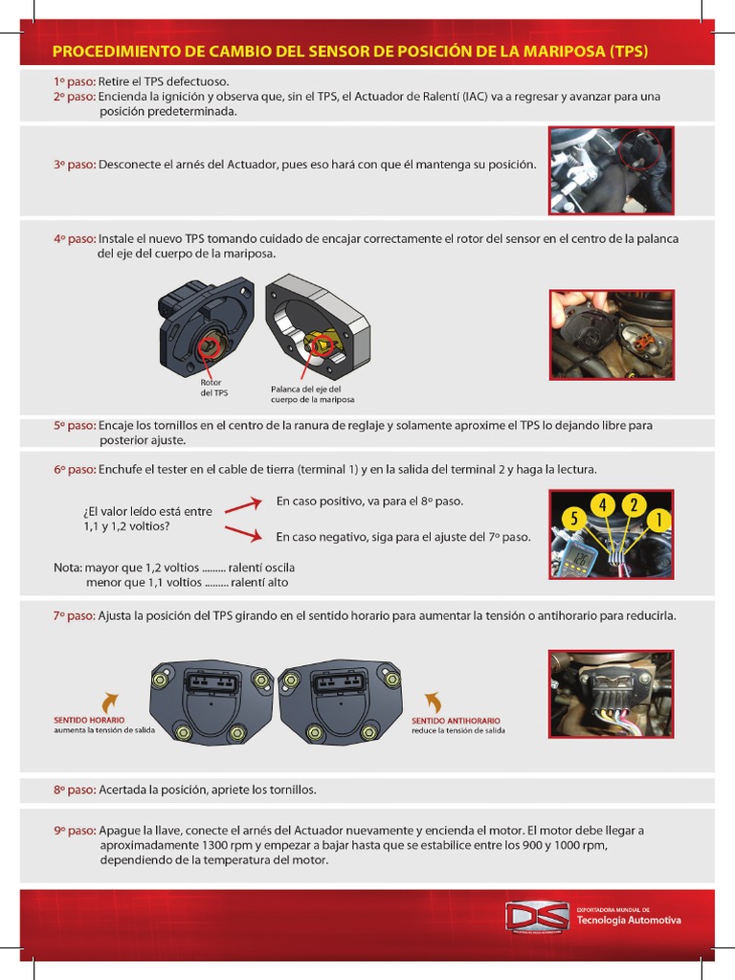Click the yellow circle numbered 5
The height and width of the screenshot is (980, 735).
[x=574, y=519]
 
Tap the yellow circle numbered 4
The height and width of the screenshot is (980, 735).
[x=603, y=505]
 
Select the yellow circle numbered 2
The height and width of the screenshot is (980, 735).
[x=633, y=505]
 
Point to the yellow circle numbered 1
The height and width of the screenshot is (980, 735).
[x=657, y=519]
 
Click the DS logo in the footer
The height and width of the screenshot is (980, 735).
[x=536, y=917]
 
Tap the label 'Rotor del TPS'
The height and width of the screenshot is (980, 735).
[x=214, y=388]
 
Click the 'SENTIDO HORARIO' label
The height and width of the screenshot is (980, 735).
[x=89, y=720]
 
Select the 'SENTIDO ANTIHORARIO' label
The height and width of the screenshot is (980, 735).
[x=456, y=720]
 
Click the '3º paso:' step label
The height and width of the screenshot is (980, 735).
[x=75, y=165]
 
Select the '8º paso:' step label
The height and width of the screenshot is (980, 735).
[x=75, y=791]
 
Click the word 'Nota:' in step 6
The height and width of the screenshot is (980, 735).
[x=68, y=567]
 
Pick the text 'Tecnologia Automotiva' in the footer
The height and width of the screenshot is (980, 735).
[x=629, y=921]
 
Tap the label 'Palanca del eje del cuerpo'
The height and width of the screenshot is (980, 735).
[x=312, y=394]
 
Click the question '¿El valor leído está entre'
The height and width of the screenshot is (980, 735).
[x=148, y=511]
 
